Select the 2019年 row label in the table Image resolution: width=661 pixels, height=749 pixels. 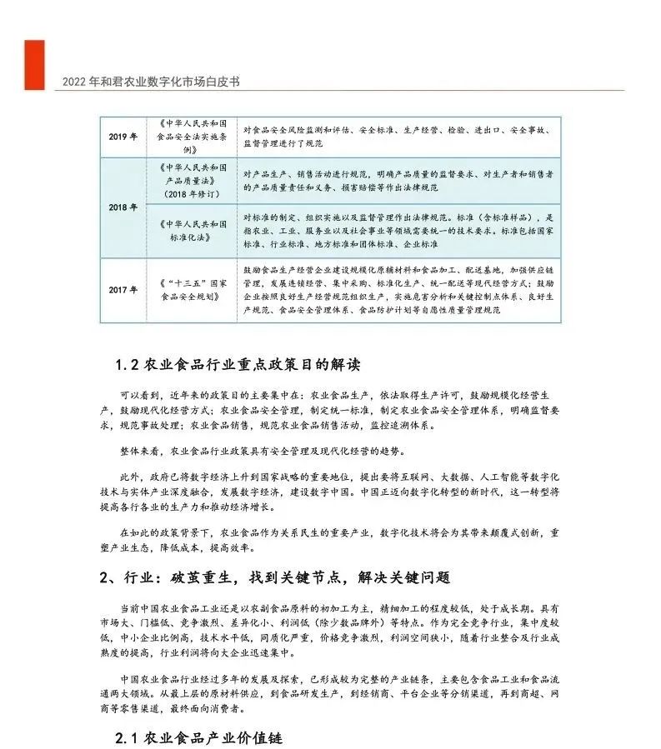(x=123, y=137)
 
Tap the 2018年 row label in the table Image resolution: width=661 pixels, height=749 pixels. (x=123, y=207)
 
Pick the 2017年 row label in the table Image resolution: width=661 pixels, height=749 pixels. (x=123, y=290)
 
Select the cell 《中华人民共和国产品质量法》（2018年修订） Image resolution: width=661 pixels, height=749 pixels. (x=191, y=180)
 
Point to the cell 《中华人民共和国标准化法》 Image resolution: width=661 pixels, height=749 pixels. (x=191, y=231)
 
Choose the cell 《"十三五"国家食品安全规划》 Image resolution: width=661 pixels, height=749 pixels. (x=191, y=290)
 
